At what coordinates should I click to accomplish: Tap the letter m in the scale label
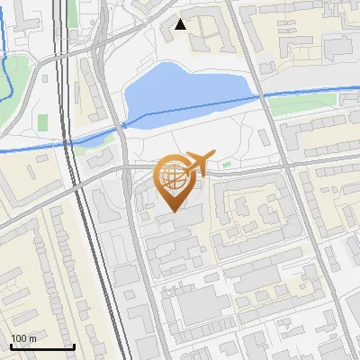click(33, 338)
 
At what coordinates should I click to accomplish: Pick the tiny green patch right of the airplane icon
click(226, 164)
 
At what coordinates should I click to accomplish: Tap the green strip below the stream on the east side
click(297, 106)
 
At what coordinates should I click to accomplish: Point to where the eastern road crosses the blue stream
click(262, 94)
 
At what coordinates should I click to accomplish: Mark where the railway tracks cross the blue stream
click(67, 142)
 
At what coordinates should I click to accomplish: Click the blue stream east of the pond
click(315, 91)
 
